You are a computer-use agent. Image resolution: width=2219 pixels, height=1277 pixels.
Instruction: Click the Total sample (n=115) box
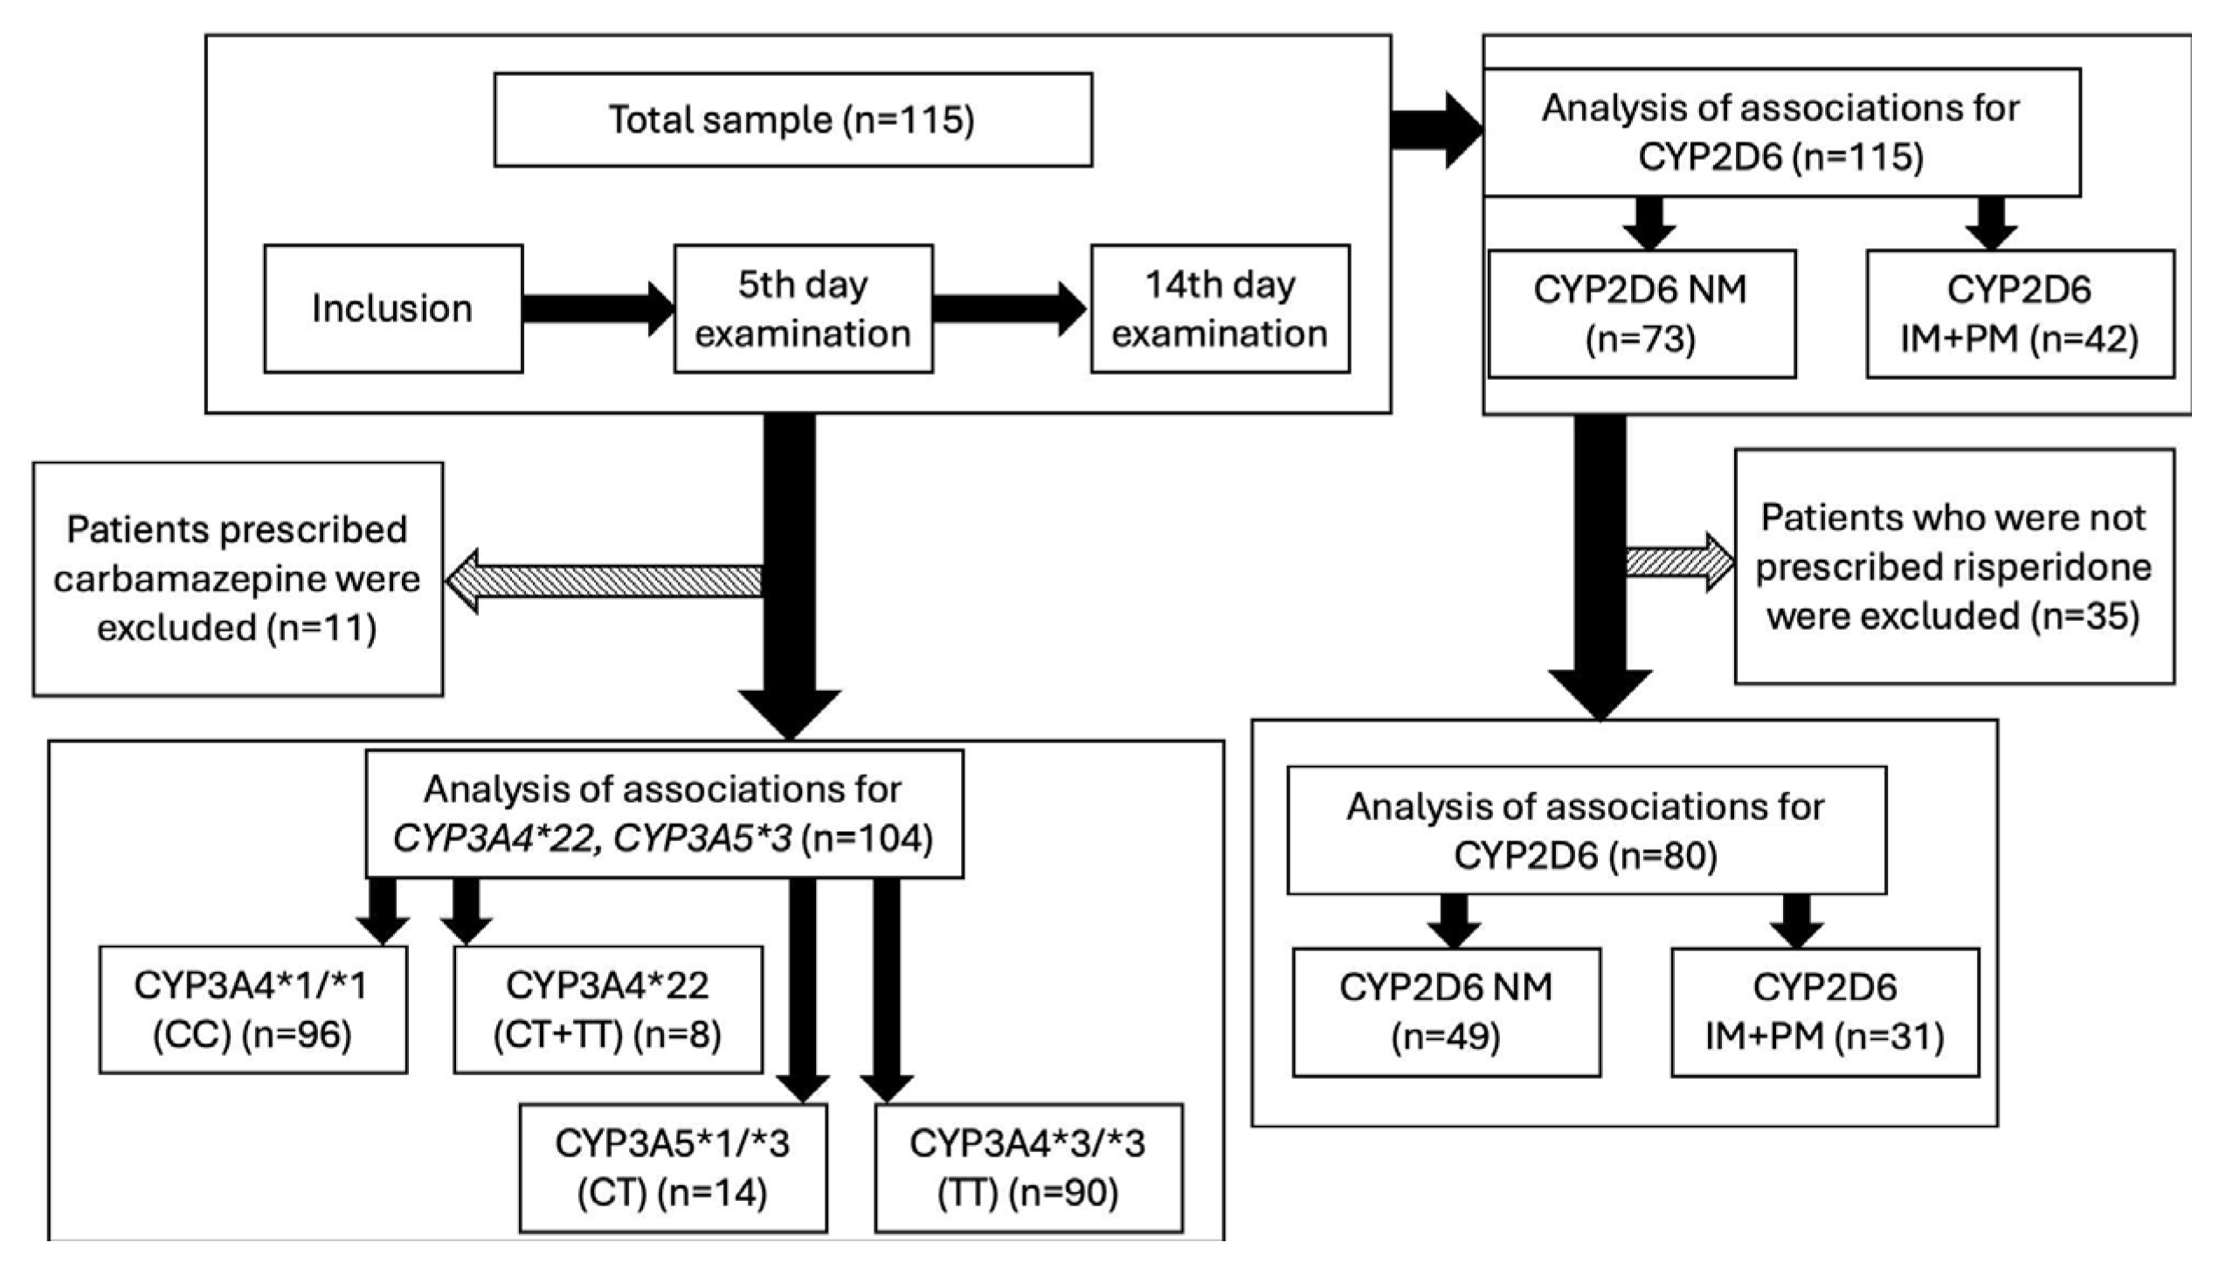click(x=793, y=120)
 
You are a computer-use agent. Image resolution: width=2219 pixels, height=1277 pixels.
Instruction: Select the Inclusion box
click(x=394, y=308)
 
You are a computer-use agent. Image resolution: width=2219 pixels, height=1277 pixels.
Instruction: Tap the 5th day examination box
click(x=804, y=308)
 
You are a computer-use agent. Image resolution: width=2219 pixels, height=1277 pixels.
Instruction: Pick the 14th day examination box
click(x=1220, y=308)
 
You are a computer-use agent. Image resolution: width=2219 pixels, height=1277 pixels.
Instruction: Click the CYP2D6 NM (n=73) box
click(x=1642, y=314)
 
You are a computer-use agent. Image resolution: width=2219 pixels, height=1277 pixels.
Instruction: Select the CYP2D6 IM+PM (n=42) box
click(x=2021, y=314)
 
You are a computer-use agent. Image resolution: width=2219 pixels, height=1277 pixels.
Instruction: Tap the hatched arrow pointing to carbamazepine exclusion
click(x=604, y=581)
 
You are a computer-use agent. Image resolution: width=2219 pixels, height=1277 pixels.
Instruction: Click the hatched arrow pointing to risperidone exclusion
click(x=1681, y=563)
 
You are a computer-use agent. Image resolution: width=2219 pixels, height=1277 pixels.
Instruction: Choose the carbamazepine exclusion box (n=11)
click(x=238, y=579)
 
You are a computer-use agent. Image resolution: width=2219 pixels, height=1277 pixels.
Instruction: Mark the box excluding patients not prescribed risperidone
click(x=1955, y=567)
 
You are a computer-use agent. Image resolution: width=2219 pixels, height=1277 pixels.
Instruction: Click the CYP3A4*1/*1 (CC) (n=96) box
click(x=253, y=1010)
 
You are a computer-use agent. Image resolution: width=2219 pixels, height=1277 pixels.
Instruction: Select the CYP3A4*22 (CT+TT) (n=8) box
click(x=608, y=1010)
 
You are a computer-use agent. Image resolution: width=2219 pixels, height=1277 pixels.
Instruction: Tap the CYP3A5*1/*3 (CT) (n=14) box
click(x=673, y=1168)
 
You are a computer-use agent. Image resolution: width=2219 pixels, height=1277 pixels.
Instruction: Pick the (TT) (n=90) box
click(x=1028, y=1168)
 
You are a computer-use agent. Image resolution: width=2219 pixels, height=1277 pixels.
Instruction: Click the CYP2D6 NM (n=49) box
click(x=1447, y=1012)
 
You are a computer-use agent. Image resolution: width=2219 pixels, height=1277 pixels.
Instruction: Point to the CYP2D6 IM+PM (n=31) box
click(x=1825, y=1012)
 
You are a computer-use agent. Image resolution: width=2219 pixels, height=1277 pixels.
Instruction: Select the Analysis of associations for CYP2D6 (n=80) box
click(x=1586, y=831)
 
